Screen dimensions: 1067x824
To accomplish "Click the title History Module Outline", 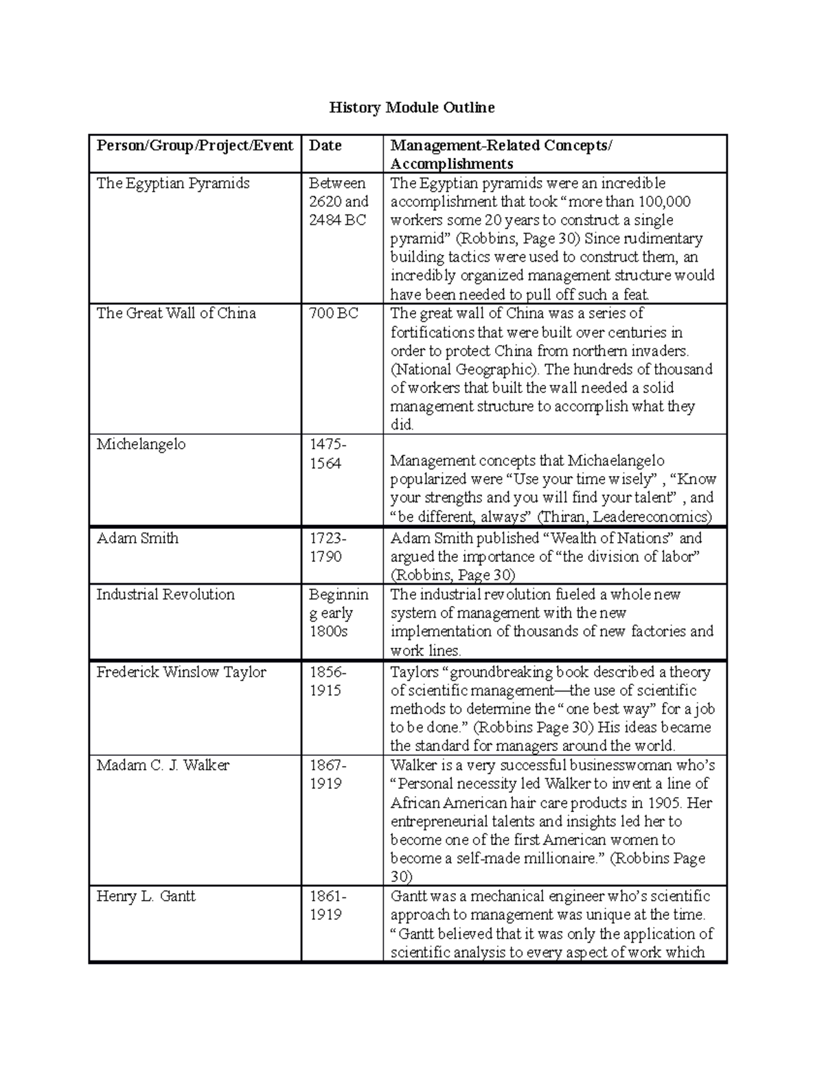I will point(411,107).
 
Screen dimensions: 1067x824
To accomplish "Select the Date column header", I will point(325,145).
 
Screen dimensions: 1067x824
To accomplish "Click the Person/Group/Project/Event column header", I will point(194,145).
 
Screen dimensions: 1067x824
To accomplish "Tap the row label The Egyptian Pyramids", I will point(172,183).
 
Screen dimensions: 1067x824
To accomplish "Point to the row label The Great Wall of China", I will point(176,313).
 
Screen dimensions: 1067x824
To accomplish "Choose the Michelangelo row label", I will point(141,444).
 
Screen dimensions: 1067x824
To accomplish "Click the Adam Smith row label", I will point(137,538).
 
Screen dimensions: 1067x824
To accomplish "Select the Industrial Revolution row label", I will point(165,594).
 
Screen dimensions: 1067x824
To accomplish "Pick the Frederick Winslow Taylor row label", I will point(181,672).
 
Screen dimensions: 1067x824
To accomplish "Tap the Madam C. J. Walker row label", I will point(163,765).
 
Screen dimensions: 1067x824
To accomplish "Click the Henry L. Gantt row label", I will point(146,896).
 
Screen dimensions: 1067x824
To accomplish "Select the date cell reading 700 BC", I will point(333,313).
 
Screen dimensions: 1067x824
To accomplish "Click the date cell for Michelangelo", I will point(325,453).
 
